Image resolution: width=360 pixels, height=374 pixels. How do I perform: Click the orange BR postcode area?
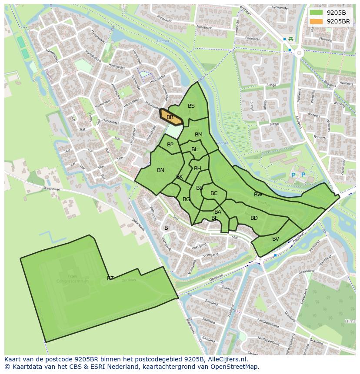click(x=170, y=117)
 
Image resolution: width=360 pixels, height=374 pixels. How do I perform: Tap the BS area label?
click(x=191, y=106)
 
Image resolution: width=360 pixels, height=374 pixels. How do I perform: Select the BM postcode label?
click(x=199, y=135)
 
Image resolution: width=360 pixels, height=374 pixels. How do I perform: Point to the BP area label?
click(x=170, y=145)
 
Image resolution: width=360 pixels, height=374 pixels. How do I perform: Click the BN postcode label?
click(x=160, y=170)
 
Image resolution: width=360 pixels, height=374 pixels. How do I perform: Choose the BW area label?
click(x=258, y=195)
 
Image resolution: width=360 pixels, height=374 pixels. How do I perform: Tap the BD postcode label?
click(x=254, y=218)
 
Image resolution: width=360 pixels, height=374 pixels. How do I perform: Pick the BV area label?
click(x=276, y=239)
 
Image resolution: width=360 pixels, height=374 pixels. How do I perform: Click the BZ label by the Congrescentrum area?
click(x=110, y=278)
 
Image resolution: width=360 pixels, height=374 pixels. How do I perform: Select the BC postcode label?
click(x=214, y=193)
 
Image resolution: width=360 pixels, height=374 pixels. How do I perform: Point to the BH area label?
click(x=197, y=169)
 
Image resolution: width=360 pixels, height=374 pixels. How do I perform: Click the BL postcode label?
click(x=194, y=149)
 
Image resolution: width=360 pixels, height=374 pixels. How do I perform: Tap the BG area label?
click(x=186, y=199)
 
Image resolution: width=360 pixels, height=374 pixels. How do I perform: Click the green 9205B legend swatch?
click(x=316, y=12)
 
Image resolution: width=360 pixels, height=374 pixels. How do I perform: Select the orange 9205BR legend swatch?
click(x=316, y=21)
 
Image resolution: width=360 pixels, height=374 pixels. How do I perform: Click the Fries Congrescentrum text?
click(x=72, y=278)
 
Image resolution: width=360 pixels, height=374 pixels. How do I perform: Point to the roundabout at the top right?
click(x=299, y=53)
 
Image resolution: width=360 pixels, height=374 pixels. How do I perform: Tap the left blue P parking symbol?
click(x=293, y=175)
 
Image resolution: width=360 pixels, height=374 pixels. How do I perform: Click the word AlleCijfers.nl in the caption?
click(x=227, y=359)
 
